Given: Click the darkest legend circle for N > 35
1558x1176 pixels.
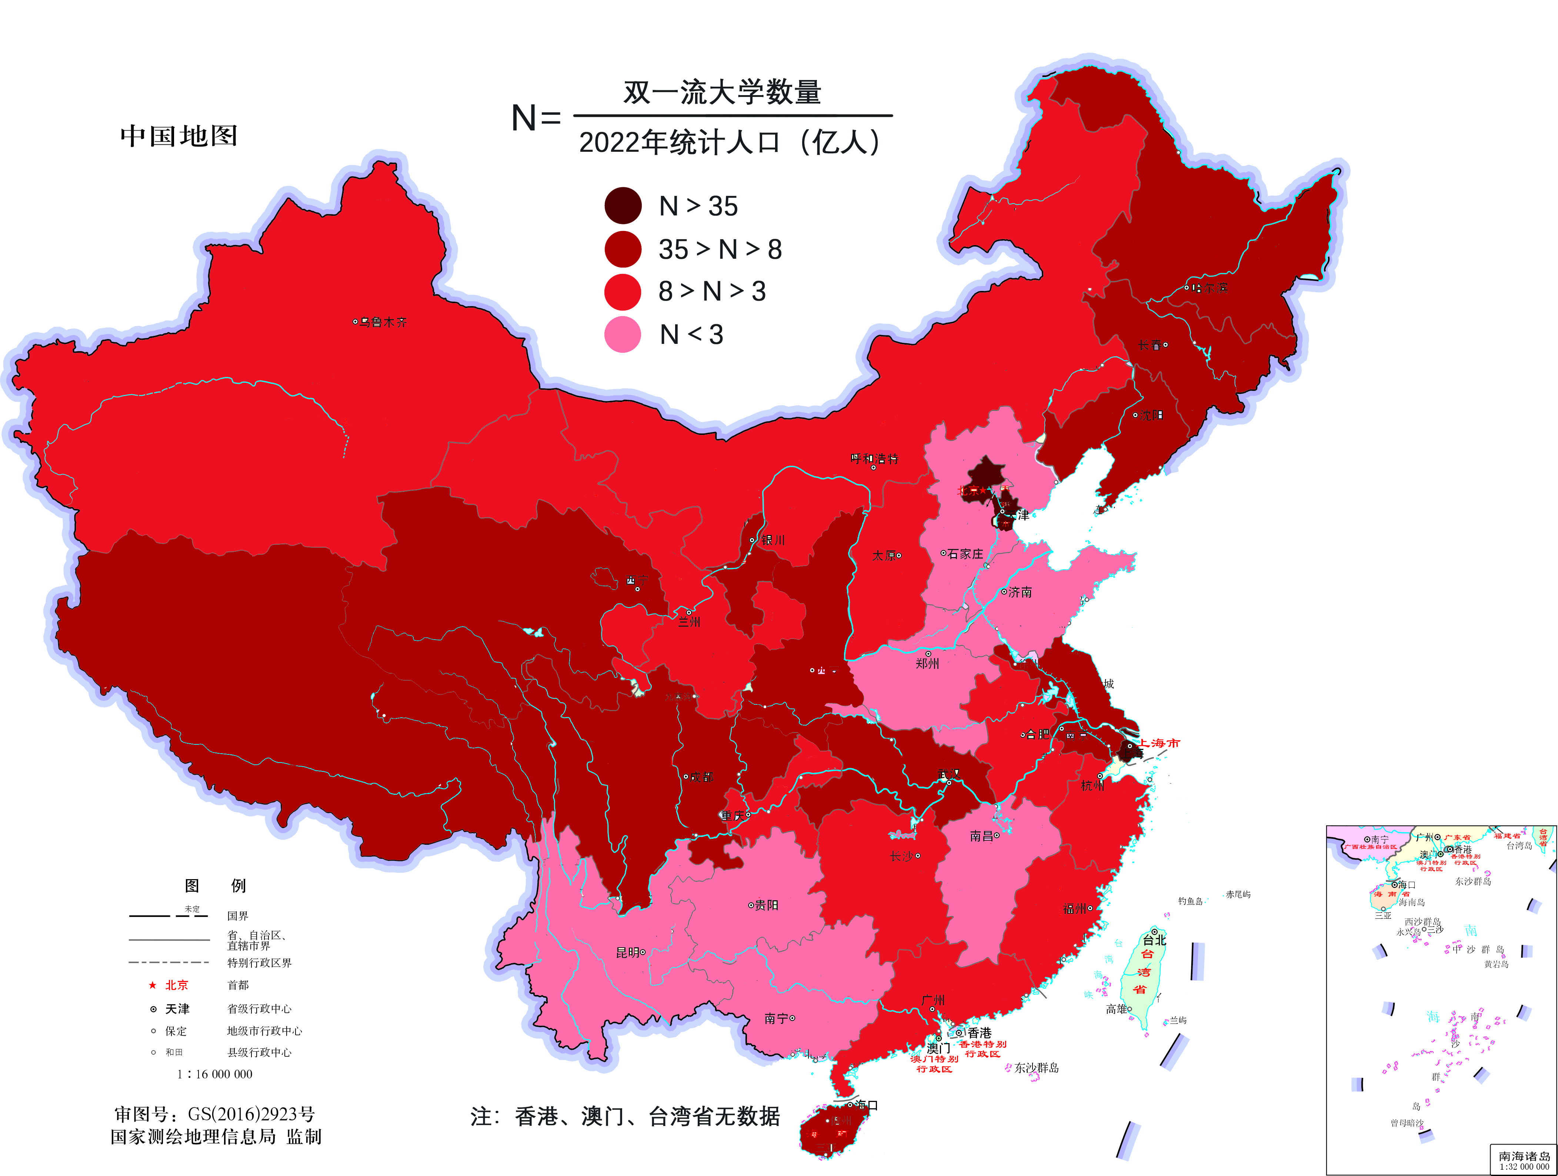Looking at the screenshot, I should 623,205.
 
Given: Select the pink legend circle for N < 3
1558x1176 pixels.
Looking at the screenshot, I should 623,335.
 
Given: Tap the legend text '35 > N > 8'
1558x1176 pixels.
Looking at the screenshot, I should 720,249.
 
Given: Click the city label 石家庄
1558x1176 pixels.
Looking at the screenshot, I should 965,554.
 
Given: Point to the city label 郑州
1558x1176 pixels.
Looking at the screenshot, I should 927,663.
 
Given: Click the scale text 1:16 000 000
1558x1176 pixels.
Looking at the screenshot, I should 215,1074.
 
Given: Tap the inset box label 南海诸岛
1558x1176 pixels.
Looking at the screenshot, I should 1524,1156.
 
